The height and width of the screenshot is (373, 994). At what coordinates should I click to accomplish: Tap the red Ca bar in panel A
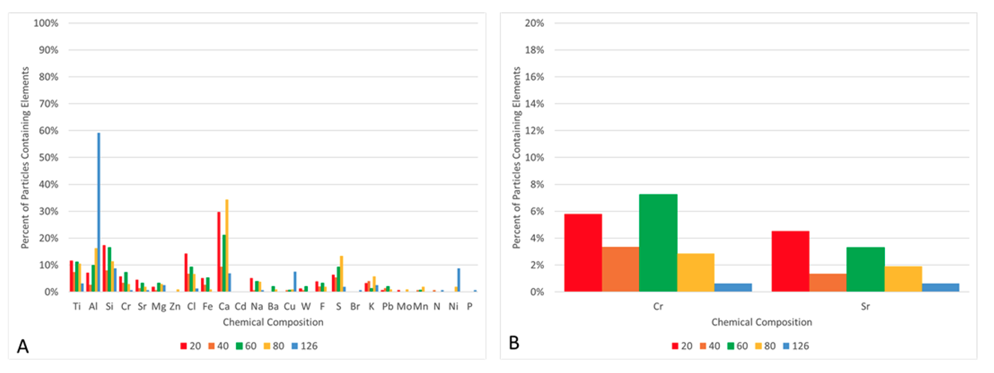pyautogui.click(x=219, y=252)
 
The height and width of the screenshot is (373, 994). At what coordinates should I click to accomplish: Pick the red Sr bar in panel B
pyautogui.click(x=790, y=261)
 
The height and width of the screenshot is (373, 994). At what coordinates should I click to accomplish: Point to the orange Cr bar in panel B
pyautogui.click(x=621, y=269)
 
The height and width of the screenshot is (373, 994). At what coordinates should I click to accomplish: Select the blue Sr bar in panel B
pyautogui.click(x=940, y=288)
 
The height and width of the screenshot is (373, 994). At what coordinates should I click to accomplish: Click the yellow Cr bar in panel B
pyautogui.click(x=696, y=272)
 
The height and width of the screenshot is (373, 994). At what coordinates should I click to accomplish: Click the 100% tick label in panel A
pyautogui.click(x=45, y=23)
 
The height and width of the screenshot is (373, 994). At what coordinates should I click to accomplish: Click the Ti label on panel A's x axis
pyautogui.click(x=76, y=305)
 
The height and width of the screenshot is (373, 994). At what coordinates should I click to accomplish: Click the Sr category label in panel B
pyautogui.click(x=865, y=305)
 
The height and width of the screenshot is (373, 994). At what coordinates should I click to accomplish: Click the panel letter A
pyautogui.click(x=23, y=346)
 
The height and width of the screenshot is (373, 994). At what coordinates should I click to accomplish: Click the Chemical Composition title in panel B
pyautogui.click(x=761, y=322)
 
